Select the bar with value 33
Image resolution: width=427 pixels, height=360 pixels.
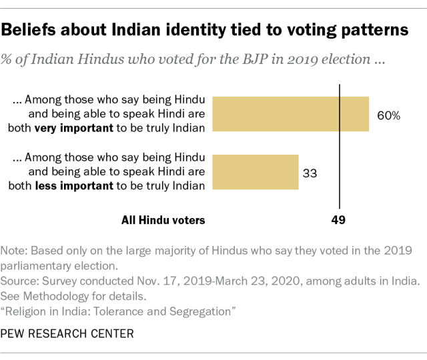[x=255, y=173]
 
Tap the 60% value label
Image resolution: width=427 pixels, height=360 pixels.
[x=388, y=115]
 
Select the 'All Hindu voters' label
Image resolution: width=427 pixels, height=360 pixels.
[x=163, y=219]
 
